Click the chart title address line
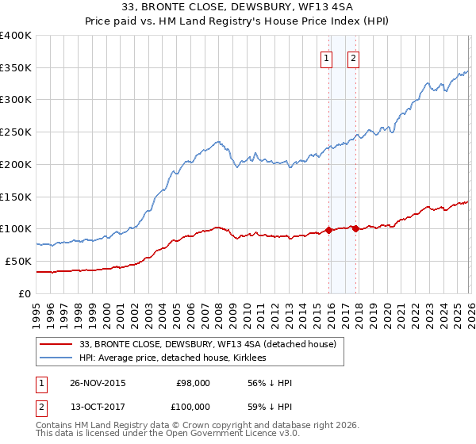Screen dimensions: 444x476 [237, 8]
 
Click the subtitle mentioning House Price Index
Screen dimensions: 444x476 [237, 21]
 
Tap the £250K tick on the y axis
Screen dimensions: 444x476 [16, 132]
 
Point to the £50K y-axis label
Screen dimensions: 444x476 [18, 261]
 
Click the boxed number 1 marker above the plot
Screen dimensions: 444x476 [326, 57]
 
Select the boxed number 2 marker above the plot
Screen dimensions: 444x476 [352, 57]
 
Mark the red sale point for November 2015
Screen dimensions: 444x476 [328, 231]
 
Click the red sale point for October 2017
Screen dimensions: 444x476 [355, 229]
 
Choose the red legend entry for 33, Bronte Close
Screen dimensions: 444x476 [208, 344]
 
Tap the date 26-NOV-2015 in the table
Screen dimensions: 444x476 [98, 383]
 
